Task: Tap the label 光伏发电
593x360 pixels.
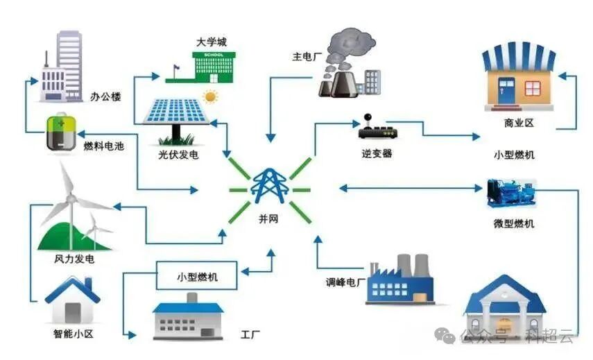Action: (178, 155)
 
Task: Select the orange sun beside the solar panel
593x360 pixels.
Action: (209, 96)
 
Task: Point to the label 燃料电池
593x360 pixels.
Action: (104, 146)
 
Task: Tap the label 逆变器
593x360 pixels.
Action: (377, 153)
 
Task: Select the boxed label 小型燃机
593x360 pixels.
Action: (197, 276)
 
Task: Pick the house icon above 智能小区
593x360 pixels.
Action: (72, 299)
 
